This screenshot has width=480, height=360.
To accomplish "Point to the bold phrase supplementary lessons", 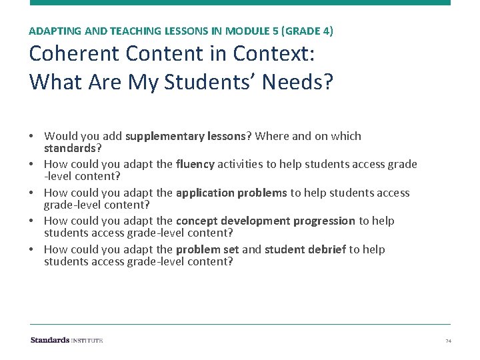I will click(185, 136).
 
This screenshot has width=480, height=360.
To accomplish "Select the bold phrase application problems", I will click(231, 193).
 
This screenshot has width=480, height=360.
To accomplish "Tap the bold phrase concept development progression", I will click(265, 221).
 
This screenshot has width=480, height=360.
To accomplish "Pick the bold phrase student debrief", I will click(305, 249).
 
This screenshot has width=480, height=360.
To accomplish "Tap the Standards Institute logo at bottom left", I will click(67, 340).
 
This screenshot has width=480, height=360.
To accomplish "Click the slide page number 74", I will click(448, 341).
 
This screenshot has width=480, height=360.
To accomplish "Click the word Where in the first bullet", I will click(271, 136).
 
